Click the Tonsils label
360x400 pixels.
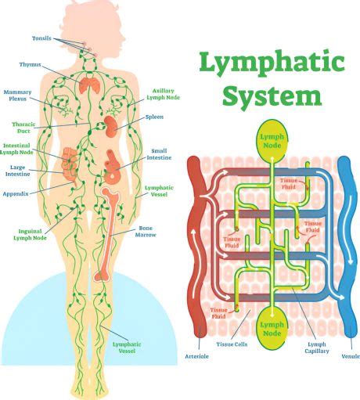coord(41,38)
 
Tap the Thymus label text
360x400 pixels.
coord(31,64)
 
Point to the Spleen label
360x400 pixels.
coord(154,117)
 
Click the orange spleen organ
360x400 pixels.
coord(110,126)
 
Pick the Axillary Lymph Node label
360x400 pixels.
coord(163,94)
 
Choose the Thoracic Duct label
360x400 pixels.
coord(23,128)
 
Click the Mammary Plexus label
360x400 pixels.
coord(17,95)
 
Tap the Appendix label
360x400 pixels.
coord(16,194)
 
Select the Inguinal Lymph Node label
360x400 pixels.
coord(30,235)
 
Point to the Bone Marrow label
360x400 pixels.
coord(146,232)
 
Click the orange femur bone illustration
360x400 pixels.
coord(107,234)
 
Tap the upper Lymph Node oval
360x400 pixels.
coord(272,141)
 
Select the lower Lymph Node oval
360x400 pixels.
coord(272,328)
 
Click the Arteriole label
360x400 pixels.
coord(196,356)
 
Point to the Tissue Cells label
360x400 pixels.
coord(232,344)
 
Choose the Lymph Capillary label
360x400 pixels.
coord(317,348)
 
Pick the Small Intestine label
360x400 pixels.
coord(159,154)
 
